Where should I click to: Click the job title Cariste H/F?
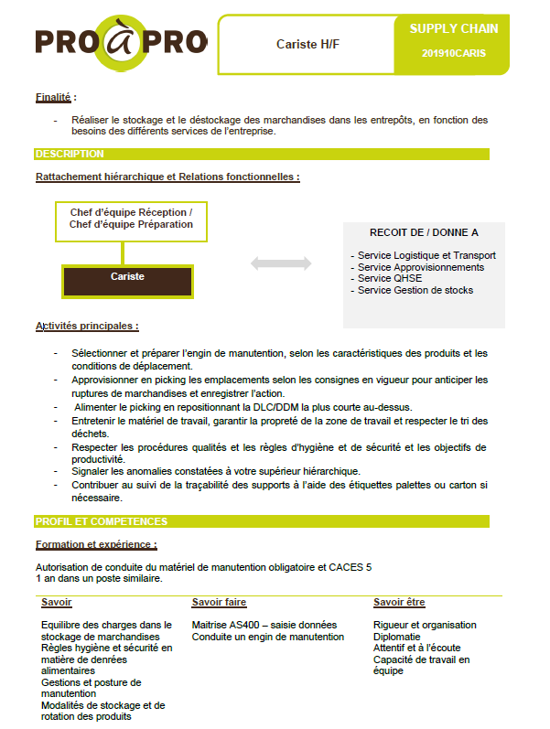tap(305, 44)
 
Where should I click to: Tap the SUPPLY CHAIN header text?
tap(454, 28)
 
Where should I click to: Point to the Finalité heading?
tap(55, 97)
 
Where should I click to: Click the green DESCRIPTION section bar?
tap(262, 154)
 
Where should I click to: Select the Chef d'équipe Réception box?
tap(131, 219)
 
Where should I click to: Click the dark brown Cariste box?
tap(127, 276)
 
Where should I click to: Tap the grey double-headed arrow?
tap(281, 263)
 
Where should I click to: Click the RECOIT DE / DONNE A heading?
tap(424, 233)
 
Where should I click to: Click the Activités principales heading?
tap(87, 326)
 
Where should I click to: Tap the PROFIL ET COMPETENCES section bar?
tap(262, 521)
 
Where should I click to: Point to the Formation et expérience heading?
tap(96, 545)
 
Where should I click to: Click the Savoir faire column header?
tap(219, 603)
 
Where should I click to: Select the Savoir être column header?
tap(399, 603)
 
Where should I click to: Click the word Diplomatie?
tap(397, 637)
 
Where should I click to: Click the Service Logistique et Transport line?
tap(426, 255)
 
